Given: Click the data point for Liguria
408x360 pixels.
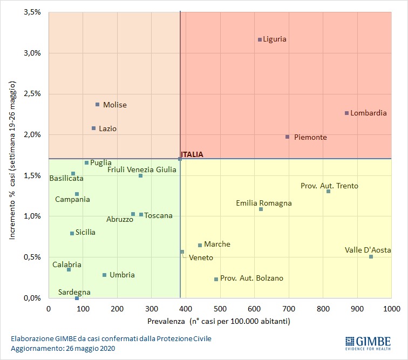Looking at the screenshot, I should pyautogui.click(x=260, y=39).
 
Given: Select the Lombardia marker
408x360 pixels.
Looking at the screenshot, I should pyautogui.click(x=346, y=113).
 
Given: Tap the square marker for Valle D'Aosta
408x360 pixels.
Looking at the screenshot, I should pyautogui.click(x=371, y=256).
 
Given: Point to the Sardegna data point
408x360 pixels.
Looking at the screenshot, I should pyautogui.click(x=77, y=298).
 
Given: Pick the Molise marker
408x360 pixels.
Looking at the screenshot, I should pyautogui.click(x=97, y=105).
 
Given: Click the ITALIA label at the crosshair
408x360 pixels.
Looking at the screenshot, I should pyautogui.click(x=192, y=154).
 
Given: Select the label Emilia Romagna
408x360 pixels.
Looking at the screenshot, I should pyautogui.click(x=263, y=203).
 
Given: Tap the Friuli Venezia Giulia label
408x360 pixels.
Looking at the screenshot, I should pyautogui.click(x=141, y=169).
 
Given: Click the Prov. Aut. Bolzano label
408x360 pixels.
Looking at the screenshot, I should pyautogui.click(x=251, y=279).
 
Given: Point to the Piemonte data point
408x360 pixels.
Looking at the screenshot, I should pyautogui.click(x=287, y=137).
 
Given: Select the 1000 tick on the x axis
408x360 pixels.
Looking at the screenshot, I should pyautogui.click(x=391, y=309).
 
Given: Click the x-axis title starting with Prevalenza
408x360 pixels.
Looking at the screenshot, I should pyautogui.click(x=219, y=322).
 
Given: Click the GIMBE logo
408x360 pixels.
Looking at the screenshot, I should pyautogui.click(x=371, y=343).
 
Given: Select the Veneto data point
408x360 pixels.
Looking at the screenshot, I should pyautogui.click(x=182, y=252).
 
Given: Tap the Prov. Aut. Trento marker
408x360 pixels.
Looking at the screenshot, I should pyautogui.click(x=328, y=191).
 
